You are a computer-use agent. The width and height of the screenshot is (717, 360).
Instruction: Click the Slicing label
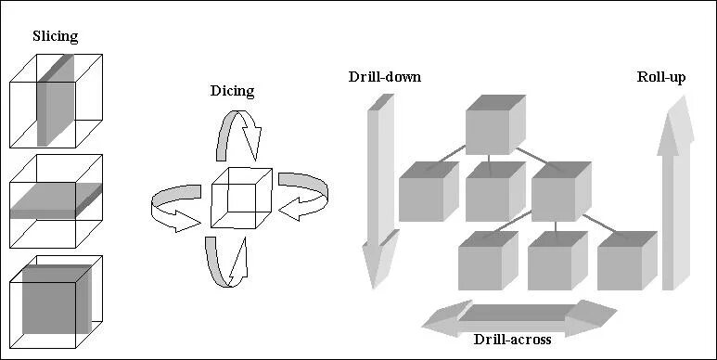pyautogui.click(x=57, y=37)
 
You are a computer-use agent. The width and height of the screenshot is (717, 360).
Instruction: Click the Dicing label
pyautogui.click(x=232, y=91)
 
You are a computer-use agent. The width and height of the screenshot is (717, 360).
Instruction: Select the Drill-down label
pyautogui.click(x=385, y=76)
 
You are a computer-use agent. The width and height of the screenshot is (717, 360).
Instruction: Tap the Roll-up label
pyautogui.click(x=661, y=76)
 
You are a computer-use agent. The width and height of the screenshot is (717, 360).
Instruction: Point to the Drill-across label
pyautogui.click(x=512, y=339)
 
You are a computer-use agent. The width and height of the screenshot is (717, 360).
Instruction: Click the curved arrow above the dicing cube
pyautogui.click(x=236, y=135)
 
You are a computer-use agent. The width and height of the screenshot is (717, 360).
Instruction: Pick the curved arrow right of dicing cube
pyautogui.click(x=302, y=194)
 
